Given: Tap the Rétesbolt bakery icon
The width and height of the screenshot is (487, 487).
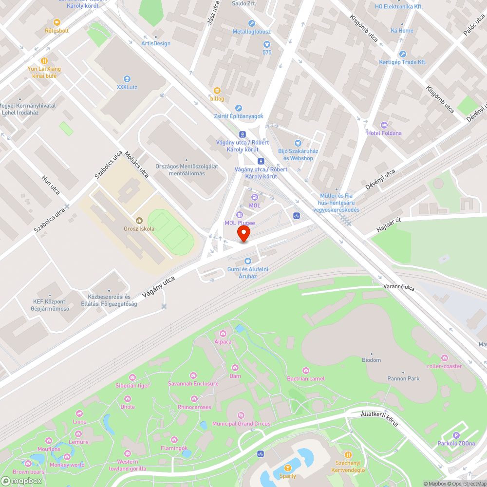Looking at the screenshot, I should click(x=57, y=22).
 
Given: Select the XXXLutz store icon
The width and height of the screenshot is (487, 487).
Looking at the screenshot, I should click(x=127, y=79).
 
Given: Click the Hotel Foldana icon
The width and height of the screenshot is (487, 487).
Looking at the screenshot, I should click(x=384, y=125).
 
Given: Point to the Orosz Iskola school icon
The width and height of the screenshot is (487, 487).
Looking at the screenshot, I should click(x=139, y=221).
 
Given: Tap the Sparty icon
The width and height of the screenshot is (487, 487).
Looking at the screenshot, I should click(x=288, y=468).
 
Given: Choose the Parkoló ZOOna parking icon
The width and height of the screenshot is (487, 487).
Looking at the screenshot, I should click(x=456, y=435).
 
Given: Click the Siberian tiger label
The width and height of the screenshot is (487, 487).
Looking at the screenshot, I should click(x=132, y=385).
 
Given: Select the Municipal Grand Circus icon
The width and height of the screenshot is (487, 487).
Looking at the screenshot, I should click(x=241, y=415).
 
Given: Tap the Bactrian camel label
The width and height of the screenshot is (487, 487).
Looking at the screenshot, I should click(x=306, y=378).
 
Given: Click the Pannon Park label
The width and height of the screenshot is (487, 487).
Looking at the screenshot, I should click(x=403, y=378).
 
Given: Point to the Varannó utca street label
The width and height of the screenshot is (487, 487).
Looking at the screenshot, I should click(x=398, y=287).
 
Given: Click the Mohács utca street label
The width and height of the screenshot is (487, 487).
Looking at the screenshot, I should click(x=137, y=164).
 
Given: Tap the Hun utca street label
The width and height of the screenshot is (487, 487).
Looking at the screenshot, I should click(x=51, y=185).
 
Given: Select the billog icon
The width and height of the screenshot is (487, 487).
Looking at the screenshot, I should click(x=217, y=91).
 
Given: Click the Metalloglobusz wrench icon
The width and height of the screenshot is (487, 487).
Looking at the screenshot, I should click(x=251, y=23).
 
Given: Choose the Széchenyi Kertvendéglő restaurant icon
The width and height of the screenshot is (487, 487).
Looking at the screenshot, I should click(x=348, y=454).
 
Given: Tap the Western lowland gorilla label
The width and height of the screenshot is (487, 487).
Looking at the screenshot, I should click(x=127, y=465).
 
